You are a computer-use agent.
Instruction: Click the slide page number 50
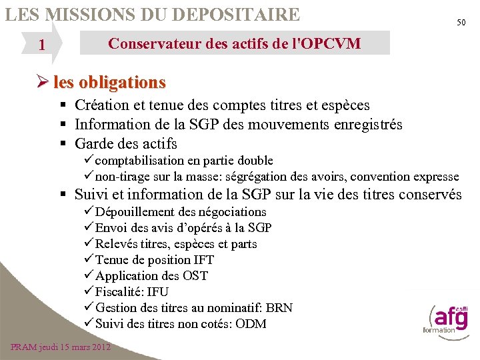coord(461,23)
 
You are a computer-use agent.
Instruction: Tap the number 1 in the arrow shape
coord(42,45)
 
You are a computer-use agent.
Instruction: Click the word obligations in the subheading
coord(122,83)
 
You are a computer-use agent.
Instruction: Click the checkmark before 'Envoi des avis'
coord(89,228)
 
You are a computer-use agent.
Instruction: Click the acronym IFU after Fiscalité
coord(157,292)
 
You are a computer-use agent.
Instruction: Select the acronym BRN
coord(279,308)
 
